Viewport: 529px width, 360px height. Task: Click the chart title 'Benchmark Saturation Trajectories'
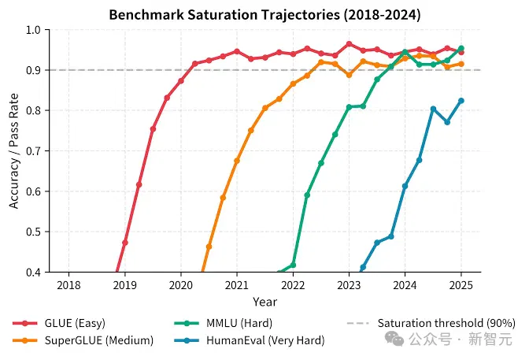(x=225, y=15)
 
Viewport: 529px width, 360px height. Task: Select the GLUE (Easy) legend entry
(x=59, y=323)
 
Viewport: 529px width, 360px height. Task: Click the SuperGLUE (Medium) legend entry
(x=83, y=340)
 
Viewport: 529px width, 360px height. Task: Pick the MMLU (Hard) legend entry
(x=224, y=323)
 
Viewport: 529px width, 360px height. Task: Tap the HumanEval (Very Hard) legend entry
(x=250, y=340)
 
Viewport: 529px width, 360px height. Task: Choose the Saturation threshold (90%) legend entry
(x=431, y=323)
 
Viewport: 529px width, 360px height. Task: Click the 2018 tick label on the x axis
(x=68, y=285)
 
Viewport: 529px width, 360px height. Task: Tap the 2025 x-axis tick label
(x=461, y=285)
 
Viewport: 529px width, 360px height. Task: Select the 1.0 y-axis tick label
(x=33, y=30)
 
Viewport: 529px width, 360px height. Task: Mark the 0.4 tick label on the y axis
(x=33, y=272)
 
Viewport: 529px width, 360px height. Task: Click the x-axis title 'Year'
(x=265, y=302)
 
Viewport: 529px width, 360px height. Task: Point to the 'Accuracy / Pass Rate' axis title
(x=13, y=151)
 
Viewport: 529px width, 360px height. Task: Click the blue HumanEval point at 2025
(x=461, y=101)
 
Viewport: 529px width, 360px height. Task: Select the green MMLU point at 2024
(x=405, y=52)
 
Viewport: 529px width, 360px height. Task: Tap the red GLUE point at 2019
(x=125, y=243)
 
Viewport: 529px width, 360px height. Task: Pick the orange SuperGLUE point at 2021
(x=237, y=161)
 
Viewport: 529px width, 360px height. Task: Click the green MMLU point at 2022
(x=293, y=265)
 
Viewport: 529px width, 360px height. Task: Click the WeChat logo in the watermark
(x=394, y=339)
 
